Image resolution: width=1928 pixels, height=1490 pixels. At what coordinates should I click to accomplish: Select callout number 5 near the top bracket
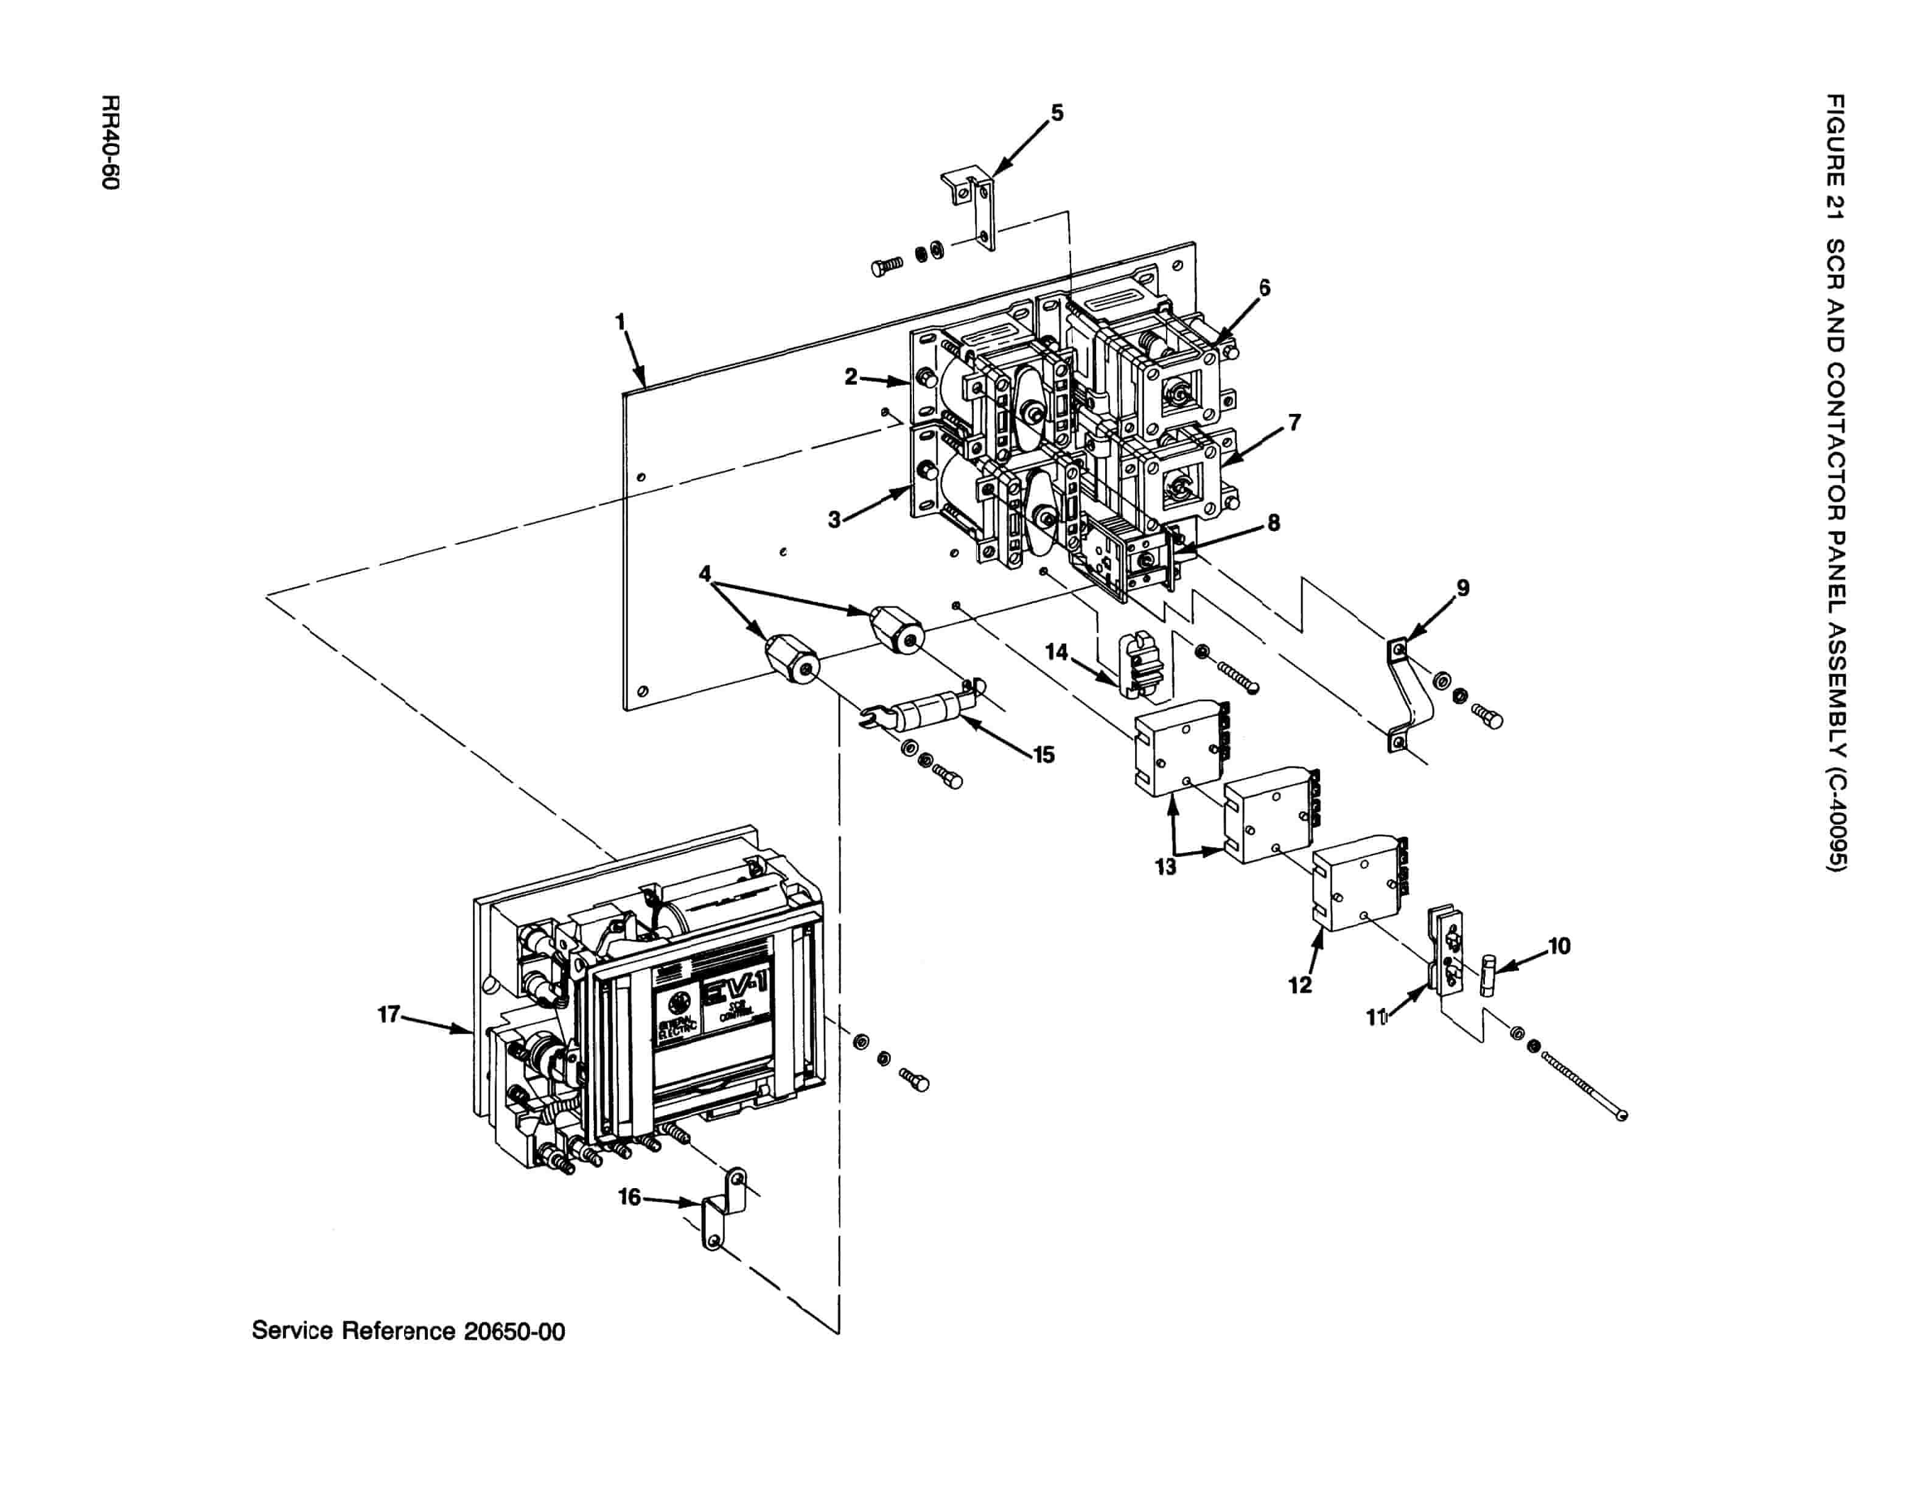tap(1057, 113)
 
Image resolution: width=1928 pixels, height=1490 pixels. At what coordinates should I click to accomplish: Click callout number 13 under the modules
tap(1165, 867)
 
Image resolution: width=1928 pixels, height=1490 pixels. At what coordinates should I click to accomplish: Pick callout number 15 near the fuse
tap(1044, 755)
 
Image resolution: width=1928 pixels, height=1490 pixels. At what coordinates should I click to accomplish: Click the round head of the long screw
tap(1622, 1116)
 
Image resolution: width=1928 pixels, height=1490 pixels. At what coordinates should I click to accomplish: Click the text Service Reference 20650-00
tap(408, 1331)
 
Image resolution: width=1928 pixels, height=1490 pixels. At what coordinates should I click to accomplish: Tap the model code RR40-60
tap(110, 141)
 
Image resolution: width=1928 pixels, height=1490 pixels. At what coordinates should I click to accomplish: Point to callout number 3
tap(834, 520)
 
